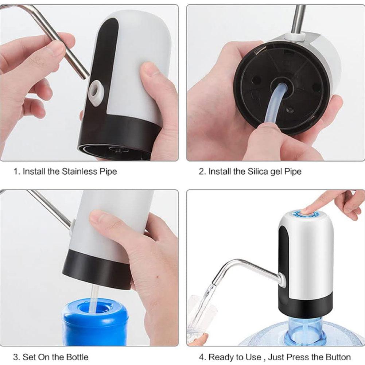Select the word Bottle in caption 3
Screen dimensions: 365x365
tap(77, 357)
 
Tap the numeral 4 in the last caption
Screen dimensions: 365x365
tap(202, 357)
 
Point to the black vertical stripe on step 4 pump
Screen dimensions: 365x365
tap(284, 255)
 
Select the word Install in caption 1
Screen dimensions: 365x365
tap(34, 171)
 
